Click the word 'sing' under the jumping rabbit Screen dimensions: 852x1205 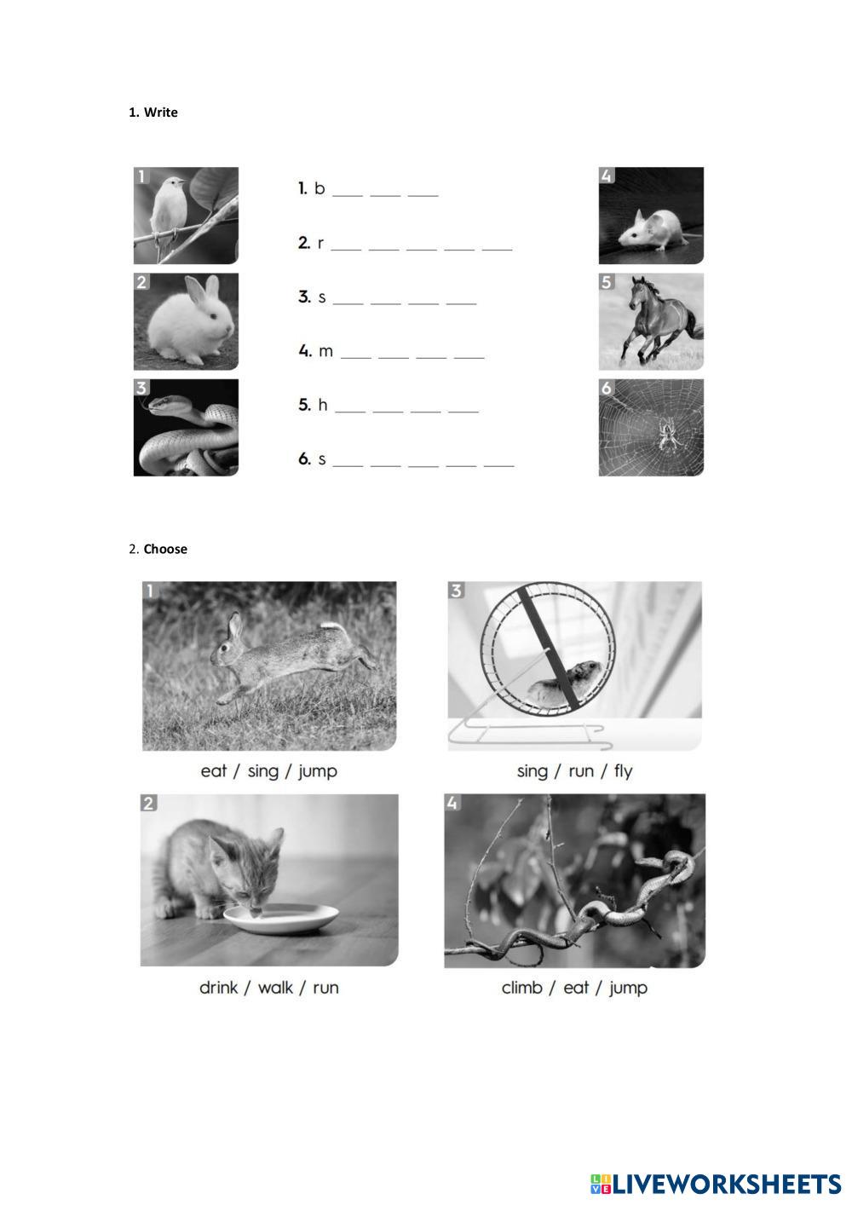click(263, 772)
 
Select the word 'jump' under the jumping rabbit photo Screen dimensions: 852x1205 click(317, 772)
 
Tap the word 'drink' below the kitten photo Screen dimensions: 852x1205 click(218, 987)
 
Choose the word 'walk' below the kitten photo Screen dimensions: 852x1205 click(275, 987)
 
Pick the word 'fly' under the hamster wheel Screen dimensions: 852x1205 click(624, 772)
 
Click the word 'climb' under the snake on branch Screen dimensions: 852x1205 click(521, 987)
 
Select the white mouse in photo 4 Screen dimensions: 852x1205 click(656, 229)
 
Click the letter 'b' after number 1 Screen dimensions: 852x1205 click(319, 188)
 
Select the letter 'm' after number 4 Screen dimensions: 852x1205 click(326, 352)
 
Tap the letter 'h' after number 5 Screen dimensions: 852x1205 click(323, 405)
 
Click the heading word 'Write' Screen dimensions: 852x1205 click(160, 112)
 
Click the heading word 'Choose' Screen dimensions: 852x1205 click(165, 550)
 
